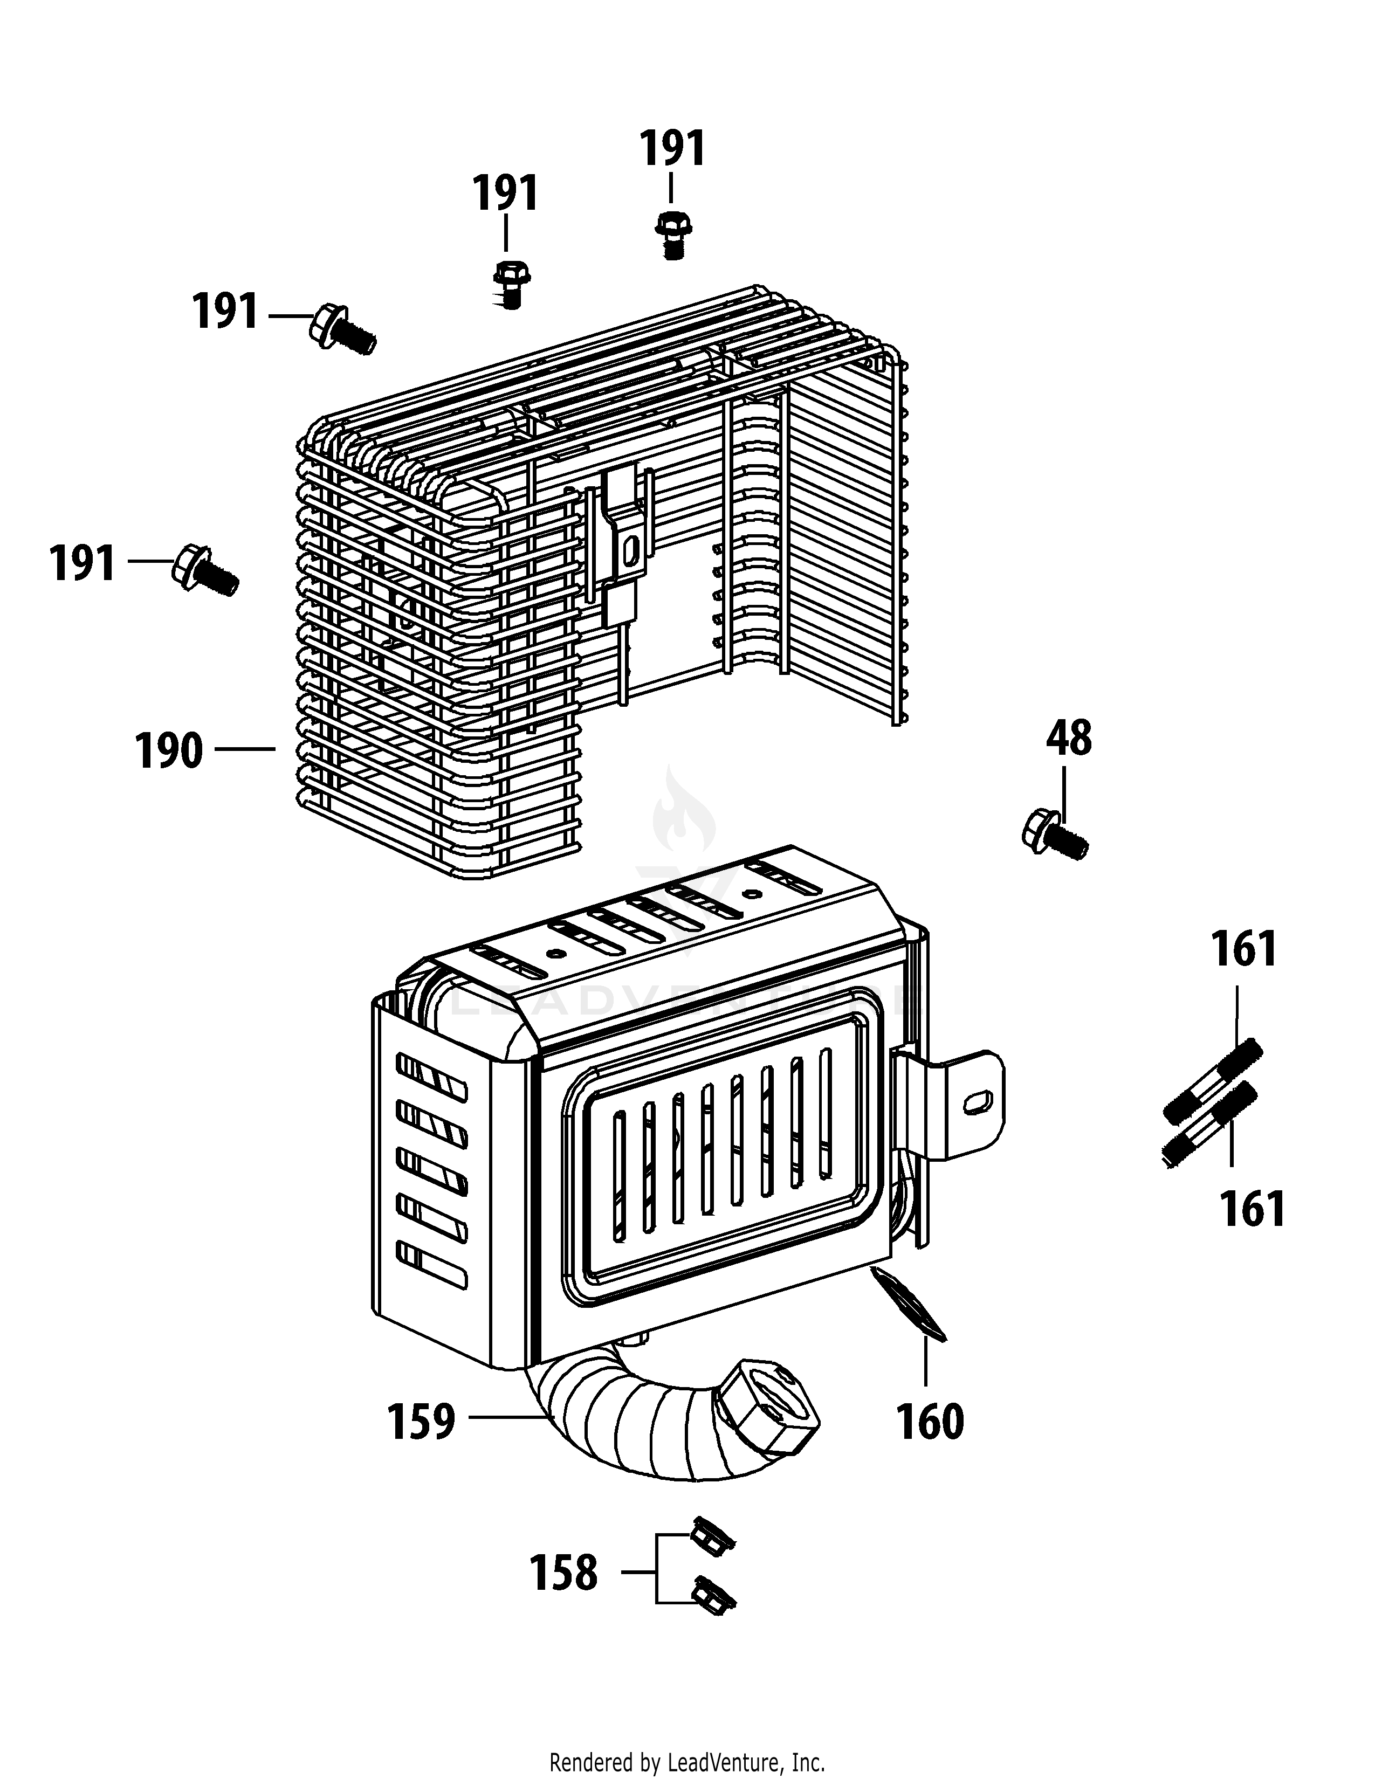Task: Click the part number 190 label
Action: (x=169, y=750)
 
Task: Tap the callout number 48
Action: (x=1069, y=739)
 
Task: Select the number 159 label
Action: (x=421, y=1422)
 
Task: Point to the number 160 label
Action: (x=930, y=1422)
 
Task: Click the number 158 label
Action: (x=563, y=1573)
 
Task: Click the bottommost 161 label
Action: (x=1252, y=1209)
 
